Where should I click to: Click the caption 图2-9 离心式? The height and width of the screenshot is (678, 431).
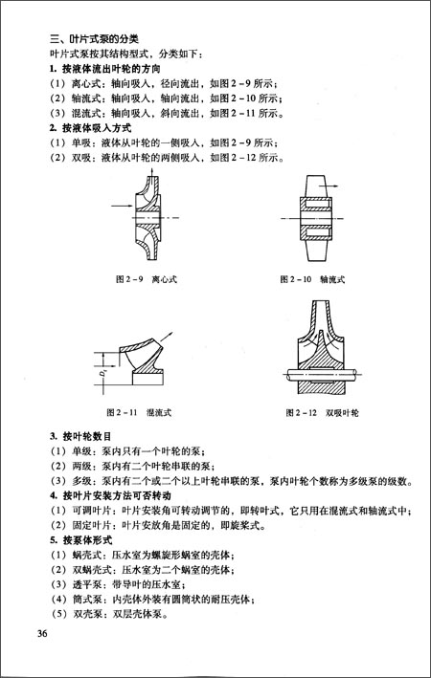(147, 279)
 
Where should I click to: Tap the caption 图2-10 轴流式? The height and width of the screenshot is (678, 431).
(312, 279)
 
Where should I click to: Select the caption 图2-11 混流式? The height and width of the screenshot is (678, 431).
(139, 412)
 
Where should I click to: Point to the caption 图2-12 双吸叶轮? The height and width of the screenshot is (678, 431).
(322, 412)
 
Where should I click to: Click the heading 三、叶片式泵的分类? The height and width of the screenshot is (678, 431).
(94, 39)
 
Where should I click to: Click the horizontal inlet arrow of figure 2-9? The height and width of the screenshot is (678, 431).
(122, 206)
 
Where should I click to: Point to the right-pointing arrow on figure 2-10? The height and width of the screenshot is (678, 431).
(329, 186)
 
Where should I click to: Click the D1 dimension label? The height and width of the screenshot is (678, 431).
(101, 373)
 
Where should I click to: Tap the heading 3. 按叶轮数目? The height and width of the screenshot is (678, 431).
(80, 437)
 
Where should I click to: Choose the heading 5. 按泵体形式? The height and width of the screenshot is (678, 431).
(81, 540)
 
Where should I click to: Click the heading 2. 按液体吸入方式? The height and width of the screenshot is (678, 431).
(91, 128)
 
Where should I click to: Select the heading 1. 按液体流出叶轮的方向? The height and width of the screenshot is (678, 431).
(104, 69)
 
